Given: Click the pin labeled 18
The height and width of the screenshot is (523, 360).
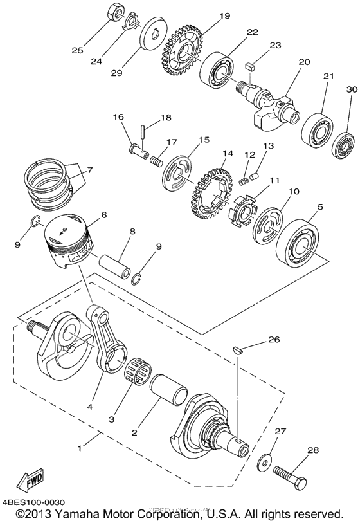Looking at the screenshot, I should click(x=144, y=134).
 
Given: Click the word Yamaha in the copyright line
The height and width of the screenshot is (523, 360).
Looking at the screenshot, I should click(x=84, y=515).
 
